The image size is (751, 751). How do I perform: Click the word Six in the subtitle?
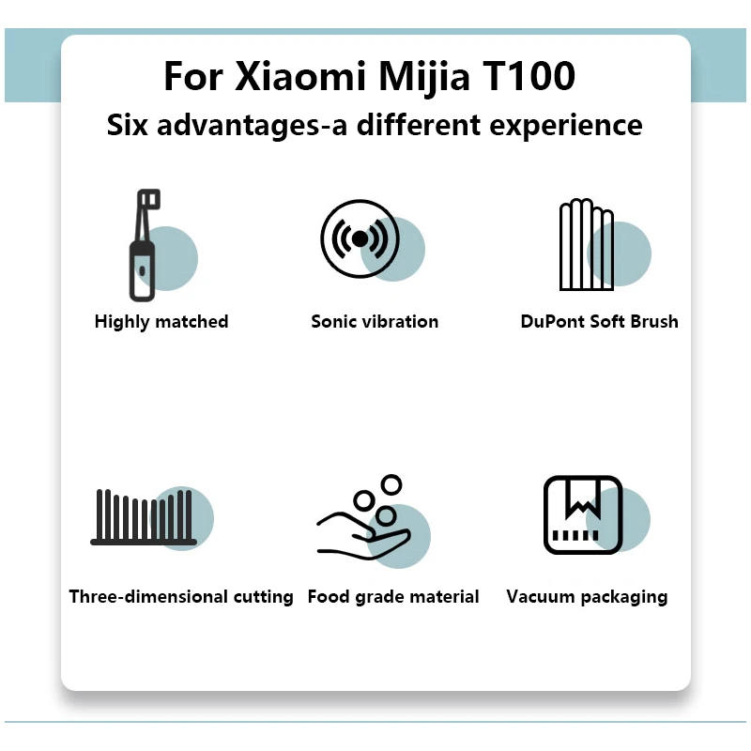pos(128,126)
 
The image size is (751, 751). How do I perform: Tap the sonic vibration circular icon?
pos(360,238)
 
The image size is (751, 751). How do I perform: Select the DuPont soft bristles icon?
pos(587,245)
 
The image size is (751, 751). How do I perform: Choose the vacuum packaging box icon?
pos(583,514)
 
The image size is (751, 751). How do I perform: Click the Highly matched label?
pos(161,321)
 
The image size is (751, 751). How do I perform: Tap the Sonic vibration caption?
pos(375,321)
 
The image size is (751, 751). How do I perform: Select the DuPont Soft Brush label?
pos(599,321)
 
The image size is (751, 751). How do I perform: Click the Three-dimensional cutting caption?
pos(181,596)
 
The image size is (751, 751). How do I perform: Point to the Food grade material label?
pos(393,596)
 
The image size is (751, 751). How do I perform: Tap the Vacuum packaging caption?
pos(587,596)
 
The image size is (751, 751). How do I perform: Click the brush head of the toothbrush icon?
pos(148,200)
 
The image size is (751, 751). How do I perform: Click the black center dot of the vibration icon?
pos(360,238)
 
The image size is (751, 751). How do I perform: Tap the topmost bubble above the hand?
pos(391,484)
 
